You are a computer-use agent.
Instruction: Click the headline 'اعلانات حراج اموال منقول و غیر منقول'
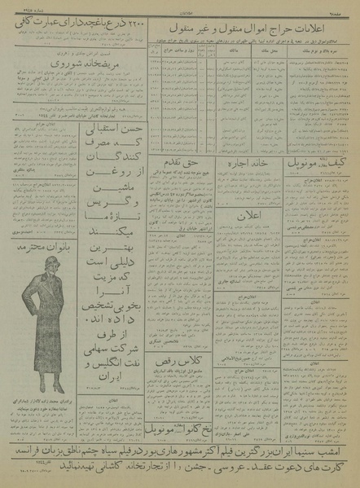(252, 35)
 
